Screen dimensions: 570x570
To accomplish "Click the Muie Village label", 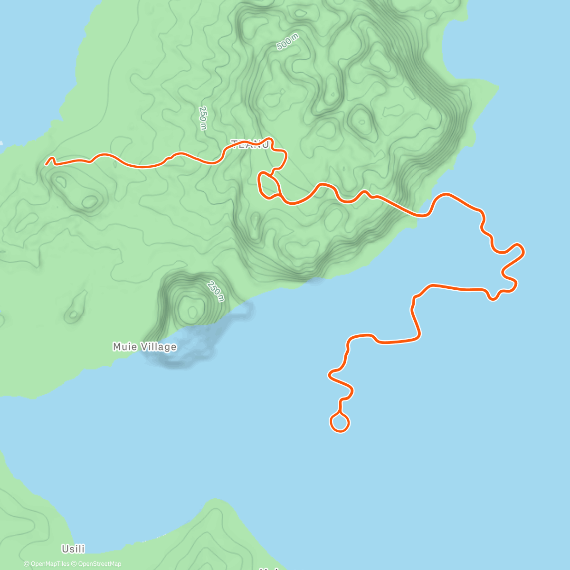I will [144, 347].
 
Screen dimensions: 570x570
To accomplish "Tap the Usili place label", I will [73, 549].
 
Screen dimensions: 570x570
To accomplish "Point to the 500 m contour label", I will [287, 43].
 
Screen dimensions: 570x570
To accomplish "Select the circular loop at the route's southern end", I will [340, 422].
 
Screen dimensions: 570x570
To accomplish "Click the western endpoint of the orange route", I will [47, 164].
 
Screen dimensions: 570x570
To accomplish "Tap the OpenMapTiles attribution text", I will [47, 564].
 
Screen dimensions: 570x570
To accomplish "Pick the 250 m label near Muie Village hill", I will [215, 291].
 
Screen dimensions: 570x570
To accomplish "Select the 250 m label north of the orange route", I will [203, 117].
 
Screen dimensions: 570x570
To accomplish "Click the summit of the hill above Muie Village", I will [192, 311].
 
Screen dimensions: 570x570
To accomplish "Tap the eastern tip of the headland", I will [497, 87].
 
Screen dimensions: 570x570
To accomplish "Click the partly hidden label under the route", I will [250, 144].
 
